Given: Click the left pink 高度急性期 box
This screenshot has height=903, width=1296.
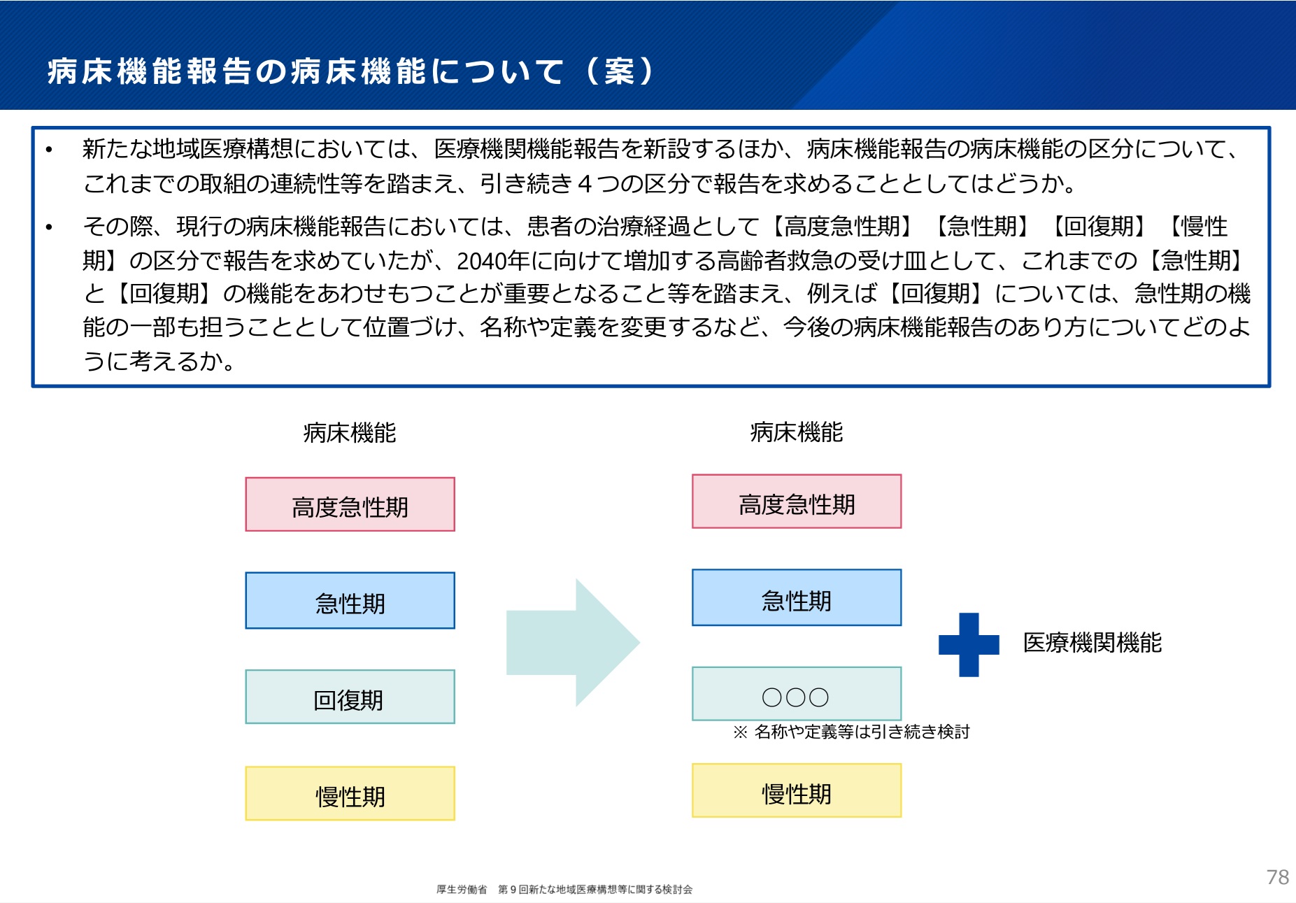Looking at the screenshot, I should click(x=350, y=504).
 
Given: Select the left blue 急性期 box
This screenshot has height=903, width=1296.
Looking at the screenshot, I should click(x=350, y=601).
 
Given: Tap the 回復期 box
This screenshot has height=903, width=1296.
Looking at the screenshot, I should click(x=350, y=697).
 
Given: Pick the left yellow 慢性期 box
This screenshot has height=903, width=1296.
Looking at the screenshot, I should click(x=350, y=794).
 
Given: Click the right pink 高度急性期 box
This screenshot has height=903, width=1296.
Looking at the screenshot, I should click(x=797, y=502).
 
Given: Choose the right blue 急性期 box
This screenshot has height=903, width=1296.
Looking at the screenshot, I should click(x=797, y=598).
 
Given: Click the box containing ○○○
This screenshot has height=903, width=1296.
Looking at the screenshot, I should click(x=797, y=694).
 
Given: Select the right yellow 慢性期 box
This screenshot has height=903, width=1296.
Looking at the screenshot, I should click(x=797, y=791).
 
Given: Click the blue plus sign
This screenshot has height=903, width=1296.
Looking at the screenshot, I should click(x=969, y=644).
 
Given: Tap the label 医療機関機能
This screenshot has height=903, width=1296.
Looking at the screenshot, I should click(x=1092, y=643).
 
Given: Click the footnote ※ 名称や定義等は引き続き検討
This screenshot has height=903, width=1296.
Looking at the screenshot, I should click(x=851, y=732).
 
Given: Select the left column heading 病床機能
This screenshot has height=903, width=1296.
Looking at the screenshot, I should click(x=350, y=433).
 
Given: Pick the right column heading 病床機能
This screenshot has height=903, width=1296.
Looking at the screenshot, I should click(x=797, y=432).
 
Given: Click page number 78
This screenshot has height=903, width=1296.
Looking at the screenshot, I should click(x=1277, y=877).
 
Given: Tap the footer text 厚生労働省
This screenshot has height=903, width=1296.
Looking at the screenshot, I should click(x=462, y=890).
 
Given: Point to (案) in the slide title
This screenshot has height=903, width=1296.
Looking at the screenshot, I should click(x=620, y=71).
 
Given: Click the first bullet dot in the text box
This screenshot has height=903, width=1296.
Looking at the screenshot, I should click(x=49, y=150).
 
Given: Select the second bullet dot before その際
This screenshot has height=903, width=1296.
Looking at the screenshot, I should click(x=49, y=227).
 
